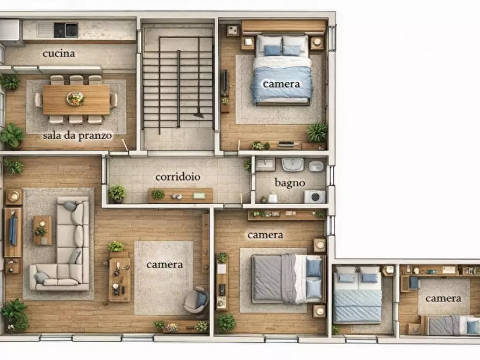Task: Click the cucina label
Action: coord(59,54)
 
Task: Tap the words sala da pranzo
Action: coord(77,135)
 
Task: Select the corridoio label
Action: coord(178,177)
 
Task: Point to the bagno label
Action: coord(290,183)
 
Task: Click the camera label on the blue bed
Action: coord(282,84)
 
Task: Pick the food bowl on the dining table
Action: coord(75,98)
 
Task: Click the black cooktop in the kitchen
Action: coord(66,30)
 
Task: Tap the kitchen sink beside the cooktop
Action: coord(45,30)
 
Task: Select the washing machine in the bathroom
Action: coord(314,197)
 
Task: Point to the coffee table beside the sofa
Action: coord(42,231)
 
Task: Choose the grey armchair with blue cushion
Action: coord(196,300)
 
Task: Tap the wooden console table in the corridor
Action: coord(181,195)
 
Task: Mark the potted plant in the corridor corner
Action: coord(117,193)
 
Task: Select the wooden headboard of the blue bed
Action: coord(284,27)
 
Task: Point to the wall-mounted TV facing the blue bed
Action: coord(226,81)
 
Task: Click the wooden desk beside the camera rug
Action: coord(120,280)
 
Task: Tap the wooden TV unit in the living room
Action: coord(13,232)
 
